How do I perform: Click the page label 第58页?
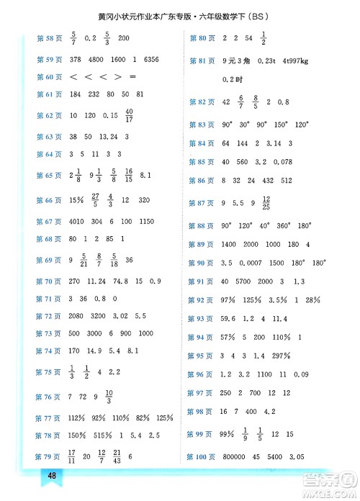[49, 38]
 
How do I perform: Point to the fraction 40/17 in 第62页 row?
[129, 114]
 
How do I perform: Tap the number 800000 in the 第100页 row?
[235, 456]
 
